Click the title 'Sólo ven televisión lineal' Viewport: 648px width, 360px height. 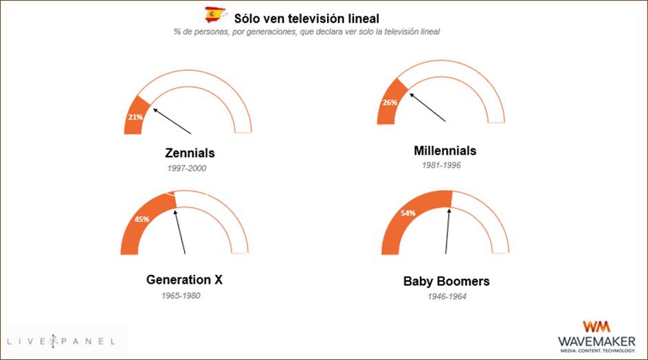coord(306,19)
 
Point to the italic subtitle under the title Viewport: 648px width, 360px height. coord(306,32)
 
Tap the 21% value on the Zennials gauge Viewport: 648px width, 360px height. coord(135,117)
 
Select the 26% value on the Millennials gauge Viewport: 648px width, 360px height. coord(390,102)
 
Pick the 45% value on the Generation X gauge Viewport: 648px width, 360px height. coord(142,219)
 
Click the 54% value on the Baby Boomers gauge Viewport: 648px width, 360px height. coord(408,213)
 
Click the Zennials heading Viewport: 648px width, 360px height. coord(190,153)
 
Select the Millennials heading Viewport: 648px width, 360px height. coord(445,150)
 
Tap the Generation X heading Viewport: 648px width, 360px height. coord(184,280)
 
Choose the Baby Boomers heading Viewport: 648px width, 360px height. coord(447,282)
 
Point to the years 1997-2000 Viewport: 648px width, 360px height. coord(187,168)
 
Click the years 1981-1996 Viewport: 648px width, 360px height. coord(441,166)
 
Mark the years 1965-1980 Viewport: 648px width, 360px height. coord(181,296)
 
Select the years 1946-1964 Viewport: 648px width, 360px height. coord(447,297)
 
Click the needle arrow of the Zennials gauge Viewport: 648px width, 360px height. coord(172,121)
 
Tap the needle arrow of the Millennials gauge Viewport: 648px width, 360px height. coord(427,107)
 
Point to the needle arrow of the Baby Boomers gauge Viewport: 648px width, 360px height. coord(447,231)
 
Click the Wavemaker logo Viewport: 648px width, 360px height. coord(596,337)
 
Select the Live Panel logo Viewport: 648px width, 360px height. coord(61,341)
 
